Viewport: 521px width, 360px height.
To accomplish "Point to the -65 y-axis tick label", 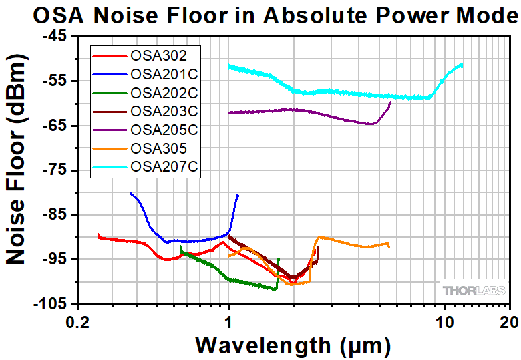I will tap(53, 126).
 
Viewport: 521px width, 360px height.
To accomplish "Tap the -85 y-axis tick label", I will tap(53, 215).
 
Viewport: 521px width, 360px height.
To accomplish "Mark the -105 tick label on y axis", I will tap(50, 305).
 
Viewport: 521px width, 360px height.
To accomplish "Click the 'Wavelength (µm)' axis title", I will tap(293, 345).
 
